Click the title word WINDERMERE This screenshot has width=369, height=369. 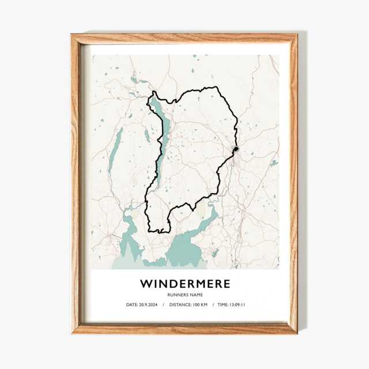184,284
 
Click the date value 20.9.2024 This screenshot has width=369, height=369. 149,304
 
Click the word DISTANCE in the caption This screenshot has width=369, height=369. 182,304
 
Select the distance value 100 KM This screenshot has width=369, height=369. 202,304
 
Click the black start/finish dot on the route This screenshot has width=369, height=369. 235,149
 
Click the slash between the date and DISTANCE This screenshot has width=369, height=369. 163,304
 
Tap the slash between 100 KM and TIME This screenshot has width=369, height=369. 214,304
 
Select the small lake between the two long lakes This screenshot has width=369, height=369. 147,136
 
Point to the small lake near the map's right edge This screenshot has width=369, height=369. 273,163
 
